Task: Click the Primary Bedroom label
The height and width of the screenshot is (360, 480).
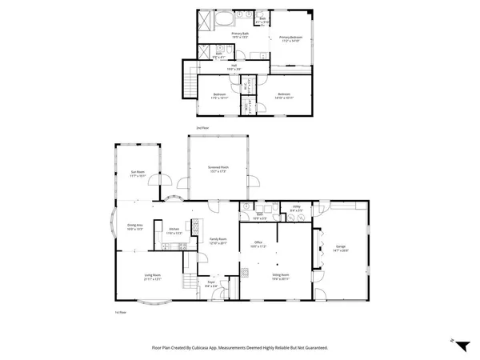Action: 290,38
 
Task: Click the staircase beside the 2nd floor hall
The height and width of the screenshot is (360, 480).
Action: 190,81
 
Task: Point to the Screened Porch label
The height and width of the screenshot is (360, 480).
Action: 218,169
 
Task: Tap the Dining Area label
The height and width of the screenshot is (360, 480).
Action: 134,227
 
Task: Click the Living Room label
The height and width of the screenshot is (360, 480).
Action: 142,278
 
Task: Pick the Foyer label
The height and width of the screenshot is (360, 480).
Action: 211,284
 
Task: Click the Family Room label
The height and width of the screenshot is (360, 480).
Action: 218,241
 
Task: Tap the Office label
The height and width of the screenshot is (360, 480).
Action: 258,244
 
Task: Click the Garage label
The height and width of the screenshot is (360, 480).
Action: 341,249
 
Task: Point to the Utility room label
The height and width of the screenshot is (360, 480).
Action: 296,210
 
